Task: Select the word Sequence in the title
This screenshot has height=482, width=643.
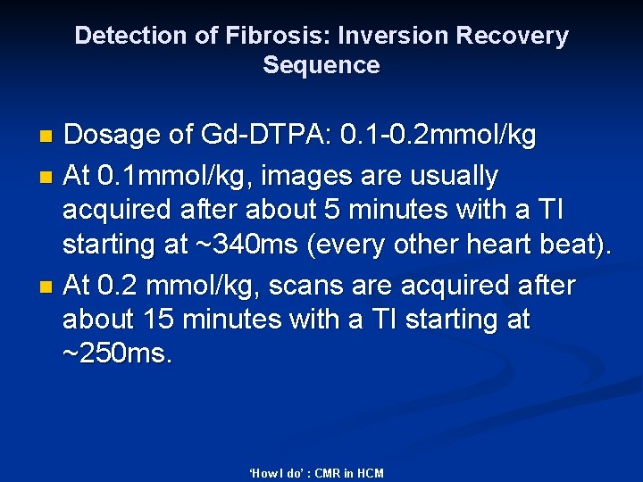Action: click(321, 66)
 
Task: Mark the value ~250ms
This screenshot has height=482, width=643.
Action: click(116, 354)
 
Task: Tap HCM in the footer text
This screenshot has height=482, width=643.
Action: click(370, 473)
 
